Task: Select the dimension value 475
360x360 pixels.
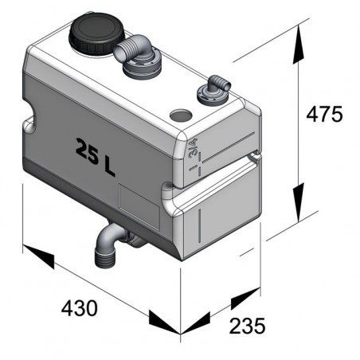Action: pos(324,114)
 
